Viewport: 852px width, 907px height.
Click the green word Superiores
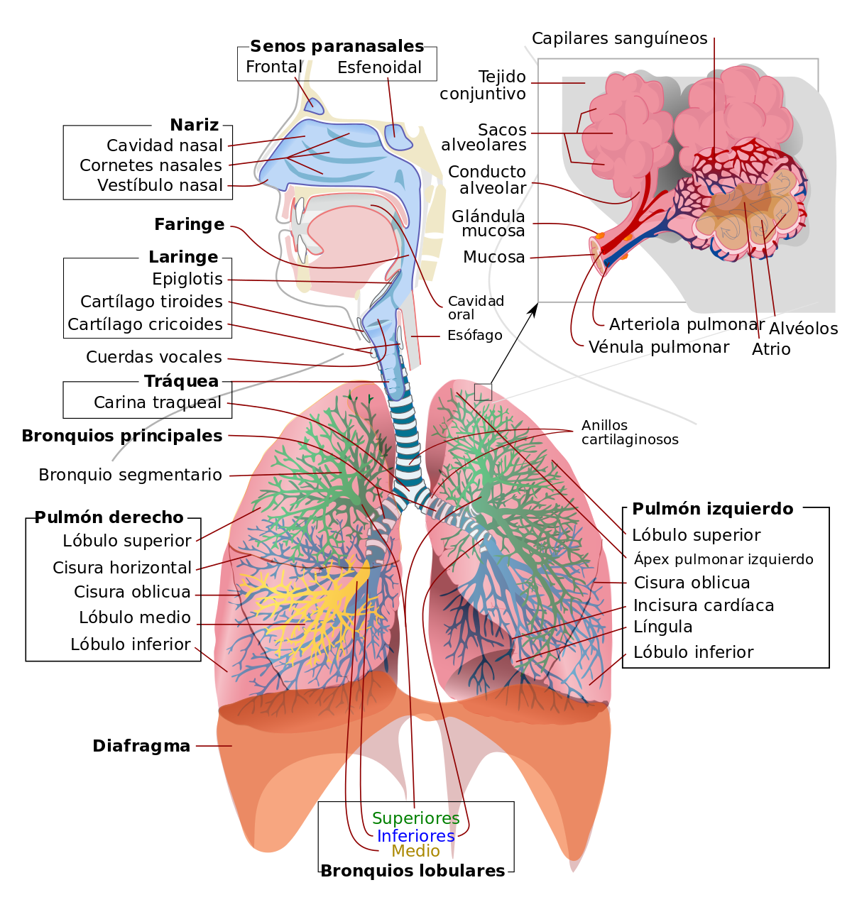click(415, 818)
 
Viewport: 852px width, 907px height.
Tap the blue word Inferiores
click(415, 836)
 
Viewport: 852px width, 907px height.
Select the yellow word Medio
click(415, 851)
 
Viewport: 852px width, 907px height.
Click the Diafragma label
click(141, 746)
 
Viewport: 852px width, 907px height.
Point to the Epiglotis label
click(187, 279)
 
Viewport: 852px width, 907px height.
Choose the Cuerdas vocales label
click(154, 357)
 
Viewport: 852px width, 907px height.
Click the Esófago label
click(474, 336)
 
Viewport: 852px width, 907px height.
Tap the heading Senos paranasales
click(337, 46)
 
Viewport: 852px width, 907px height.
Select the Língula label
click(662, 627)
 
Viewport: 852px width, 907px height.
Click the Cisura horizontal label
click(122, 568)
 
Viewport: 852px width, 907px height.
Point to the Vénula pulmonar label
click(658, 347)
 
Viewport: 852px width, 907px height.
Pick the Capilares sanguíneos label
click(619, 39)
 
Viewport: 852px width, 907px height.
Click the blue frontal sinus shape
click(315, 106)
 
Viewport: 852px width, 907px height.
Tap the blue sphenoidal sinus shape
click(397, 138)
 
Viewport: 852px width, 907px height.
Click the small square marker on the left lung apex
click(483, 392)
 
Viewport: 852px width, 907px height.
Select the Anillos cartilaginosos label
click(629, 432)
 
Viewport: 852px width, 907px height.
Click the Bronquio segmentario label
click(130, 475)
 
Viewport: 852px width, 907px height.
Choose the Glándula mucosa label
click(488, 224)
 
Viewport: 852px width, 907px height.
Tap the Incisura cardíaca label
click(704, 605)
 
